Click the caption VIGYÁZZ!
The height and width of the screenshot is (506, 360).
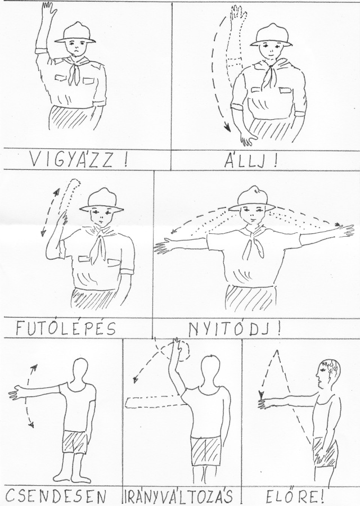pos(78,160)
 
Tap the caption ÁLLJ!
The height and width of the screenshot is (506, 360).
pos(250,160)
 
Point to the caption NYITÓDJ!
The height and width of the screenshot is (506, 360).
pos(235,328)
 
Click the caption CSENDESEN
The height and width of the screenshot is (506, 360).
pos(56,496)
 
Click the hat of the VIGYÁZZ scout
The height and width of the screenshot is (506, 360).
pos(75,33)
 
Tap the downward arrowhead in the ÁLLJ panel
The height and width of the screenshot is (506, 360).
pos(228,128)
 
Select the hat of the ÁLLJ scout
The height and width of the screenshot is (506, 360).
pos(271,34)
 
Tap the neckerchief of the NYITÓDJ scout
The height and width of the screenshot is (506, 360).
pos(253,243)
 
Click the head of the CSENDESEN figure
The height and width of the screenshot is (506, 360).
pos(80,371)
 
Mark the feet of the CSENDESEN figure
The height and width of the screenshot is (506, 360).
pos(72,477)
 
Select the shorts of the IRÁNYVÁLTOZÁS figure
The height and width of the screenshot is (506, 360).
pos(206,451)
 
